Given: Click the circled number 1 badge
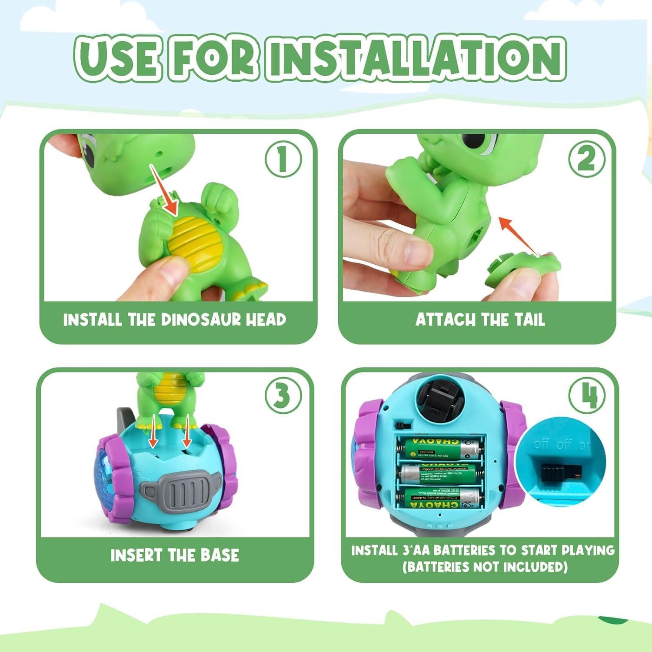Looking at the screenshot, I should click(x=283, y=160).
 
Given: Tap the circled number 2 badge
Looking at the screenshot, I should click(x=586, y=159).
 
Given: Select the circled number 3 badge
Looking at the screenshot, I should click(x=283, y=396).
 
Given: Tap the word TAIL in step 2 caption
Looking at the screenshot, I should click(x=529, y=320).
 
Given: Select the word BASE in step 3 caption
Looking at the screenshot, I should click(x=219, y=556).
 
